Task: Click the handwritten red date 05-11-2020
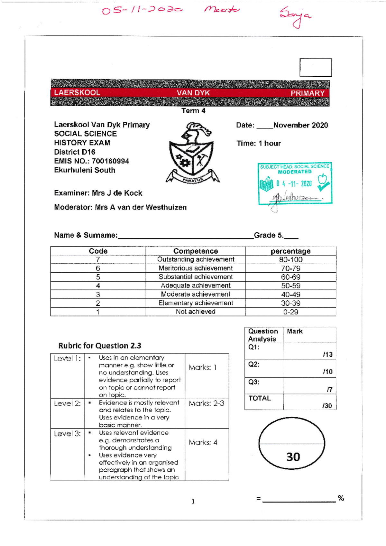[x=142, y=10]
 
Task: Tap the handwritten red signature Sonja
[x=295, y=17]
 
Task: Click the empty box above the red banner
[x=315, y=67]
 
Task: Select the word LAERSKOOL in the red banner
[x=77, y=93]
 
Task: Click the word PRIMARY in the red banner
[x=308, y=93]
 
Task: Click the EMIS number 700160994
[x=110, y=161]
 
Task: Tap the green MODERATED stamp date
[x=294, y=184]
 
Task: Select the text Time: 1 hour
[x=259, y=143]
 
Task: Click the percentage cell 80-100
[x=290, y=259]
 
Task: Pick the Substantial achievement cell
[x=196, y=277]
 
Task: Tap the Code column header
[x=98, y=251]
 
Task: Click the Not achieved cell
[x=196, y=312]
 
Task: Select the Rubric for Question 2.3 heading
[x=100, y=346]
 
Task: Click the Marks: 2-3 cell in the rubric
[x=206, y=403]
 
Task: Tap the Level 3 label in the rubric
[x=67, y=434]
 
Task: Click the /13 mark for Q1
[x=327, y=354]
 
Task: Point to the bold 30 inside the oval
[x=293, y=457]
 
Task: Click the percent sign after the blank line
[x=341, y=498]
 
